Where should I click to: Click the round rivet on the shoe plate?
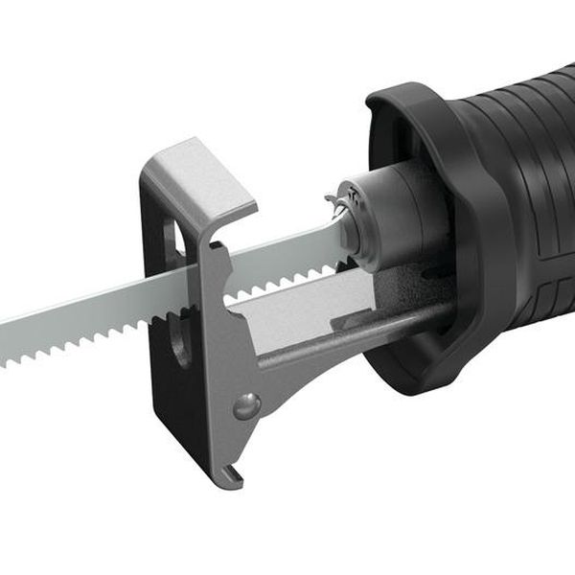[x=245, y=406]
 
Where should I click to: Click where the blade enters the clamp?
[x=345, y=230]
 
